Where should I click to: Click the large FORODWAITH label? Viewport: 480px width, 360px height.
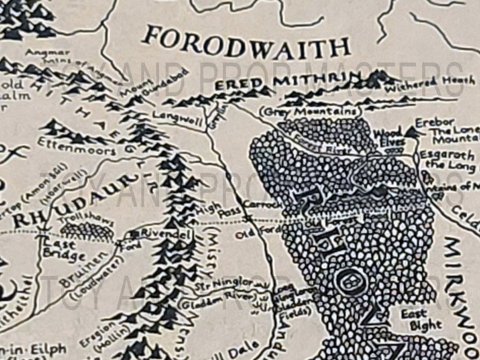(x=247, y=43)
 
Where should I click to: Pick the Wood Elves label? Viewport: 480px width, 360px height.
(x=388, y=137)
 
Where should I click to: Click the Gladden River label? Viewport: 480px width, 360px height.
(x=209, y=298)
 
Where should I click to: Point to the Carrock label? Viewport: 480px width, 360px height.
(x=264, y=205)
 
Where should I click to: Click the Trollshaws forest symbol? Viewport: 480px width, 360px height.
(x=88, y=231)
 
